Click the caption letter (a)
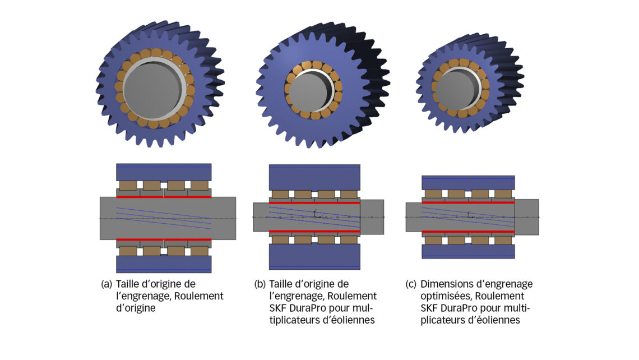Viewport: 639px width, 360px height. click(x=106, y=284)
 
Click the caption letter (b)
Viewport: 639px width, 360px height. click(x=260, y=284)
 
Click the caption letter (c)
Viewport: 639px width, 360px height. click(x=411, y=284)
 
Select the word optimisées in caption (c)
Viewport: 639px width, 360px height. click(x=448, y=296)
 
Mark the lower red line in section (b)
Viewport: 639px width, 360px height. click(x=314, y=231)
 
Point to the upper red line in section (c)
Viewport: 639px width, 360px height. click(x=468, y=202)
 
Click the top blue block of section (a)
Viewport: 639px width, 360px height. click(x=164, y=172)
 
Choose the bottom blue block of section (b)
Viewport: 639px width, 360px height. click(x=314, y=256)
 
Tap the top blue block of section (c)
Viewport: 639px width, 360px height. click(x=468, y=182)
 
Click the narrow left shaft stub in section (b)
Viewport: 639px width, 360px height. click(x=261, y=217)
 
